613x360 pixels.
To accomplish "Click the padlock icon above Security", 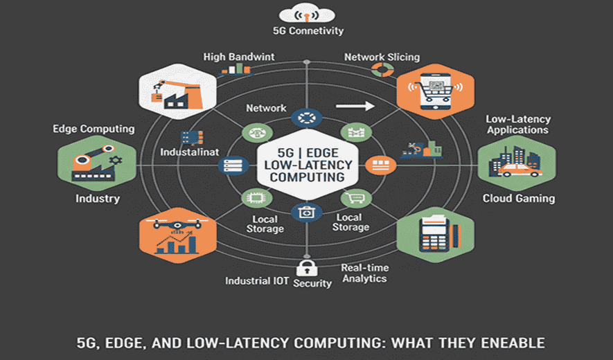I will (x=305, y=268).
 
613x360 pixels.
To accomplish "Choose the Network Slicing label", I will (x=382, y=57).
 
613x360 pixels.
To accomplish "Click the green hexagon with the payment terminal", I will (x=436, y=235).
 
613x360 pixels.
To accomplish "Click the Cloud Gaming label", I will (x=518, y=199).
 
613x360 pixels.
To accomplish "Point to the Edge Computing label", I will (x=94, y=129).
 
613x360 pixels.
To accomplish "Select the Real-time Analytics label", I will (x=364, y=273).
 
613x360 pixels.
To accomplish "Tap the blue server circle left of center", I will (x=230, y=165).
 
